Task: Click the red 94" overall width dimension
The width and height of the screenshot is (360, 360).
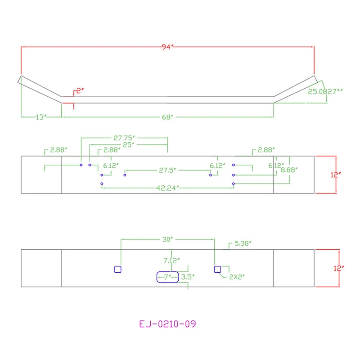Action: click(167, 47)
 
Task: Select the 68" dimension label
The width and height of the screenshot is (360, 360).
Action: click(167, 117)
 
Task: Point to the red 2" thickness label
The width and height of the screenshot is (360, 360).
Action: click(80, 91)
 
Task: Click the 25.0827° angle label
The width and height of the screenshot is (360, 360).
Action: click(325, 92)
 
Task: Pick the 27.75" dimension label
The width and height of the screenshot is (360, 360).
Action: click(124, 138)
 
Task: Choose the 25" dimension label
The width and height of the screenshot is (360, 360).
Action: click(129, 145)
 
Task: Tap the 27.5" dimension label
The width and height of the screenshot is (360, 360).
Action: click(167, 171)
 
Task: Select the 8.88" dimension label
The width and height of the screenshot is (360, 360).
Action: click(289, 170)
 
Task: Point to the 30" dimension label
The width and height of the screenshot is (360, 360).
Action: click(167, 239)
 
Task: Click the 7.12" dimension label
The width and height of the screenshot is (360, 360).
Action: click(171, 261)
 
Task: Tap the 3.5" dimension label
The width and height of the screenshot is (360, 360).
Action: click(188, 277)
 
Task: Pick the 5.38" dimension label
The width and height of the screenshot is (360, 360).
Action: click(243, 243)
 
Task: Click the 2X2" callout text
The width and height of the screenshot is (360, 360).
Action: click(237, 277)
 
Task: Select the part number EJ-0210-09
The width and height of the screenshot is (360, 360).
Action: click(167, 324)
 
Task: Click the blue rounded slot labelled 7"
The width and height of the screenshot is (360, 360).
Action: click(167, 272)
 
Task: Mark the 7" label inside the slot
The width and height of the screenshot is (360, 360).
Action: click(166, 277)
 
